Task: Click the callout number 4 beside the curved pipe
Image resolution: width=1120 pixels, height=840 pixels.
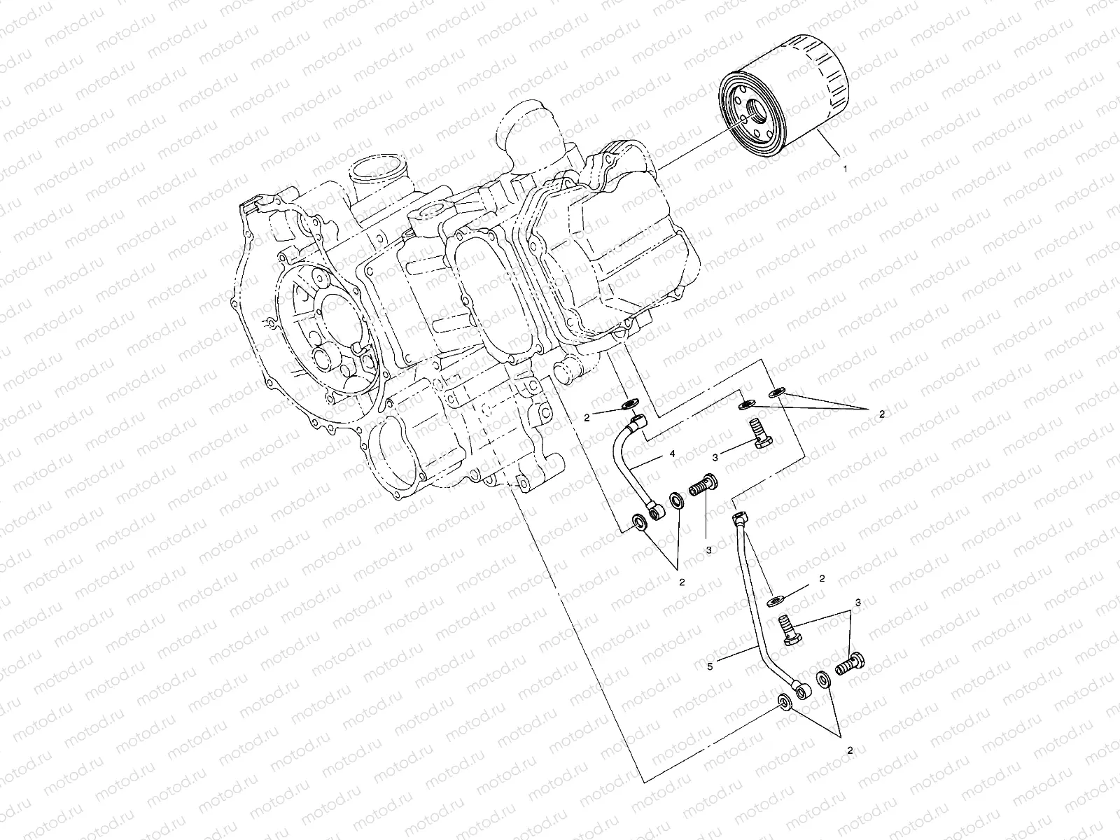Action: pyautogui.click(x=671, y=454)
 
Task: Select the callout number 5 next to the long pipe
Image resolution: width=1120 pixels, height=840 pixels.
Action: pyautogui.click(x=709, y=667)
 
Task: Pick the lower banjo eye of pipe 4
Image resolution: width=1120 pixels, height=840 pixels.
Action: pyautogui.click(x=656, y=514)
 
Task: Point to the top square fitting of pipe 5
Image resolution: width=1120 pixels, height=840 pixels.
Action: pyautogui.click(x=741, y=519)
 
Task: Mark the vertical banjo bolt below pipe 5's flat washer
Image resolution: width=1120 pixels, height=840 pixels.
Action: pyautogui.click(x=789, y=626)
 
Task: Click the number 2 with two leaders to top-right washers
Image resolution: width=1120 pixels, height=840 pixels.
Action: pyautogui.click(x=881, y=414)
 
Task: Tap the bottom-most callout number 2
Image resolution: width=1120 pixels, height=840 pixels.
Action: pyautogui.click(x=850, y=750)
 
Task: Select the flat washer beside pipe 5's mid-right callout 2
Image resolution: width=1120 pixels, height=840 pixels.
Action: pyautogui.click(x=775, y=600)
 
